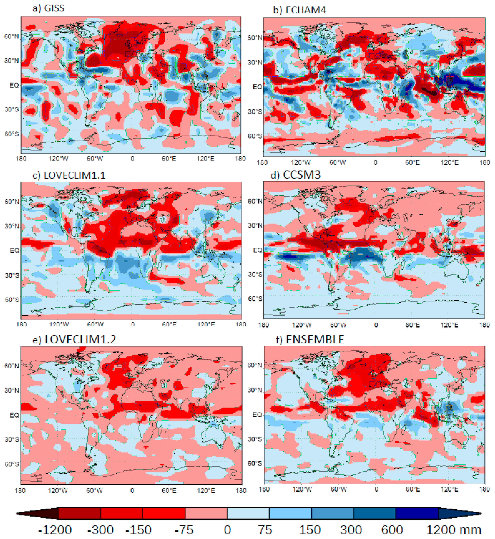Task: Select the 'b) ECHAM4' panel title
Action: click(x=299, y=10)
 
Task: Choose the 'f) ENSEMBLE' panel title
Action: click(x=310, y=339)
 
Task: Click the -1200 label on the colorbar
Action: click(x=55, y=530)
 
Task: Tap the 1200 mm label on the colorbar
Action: click(x=453, y=530)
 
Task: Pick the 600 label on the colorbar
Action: click(x=392, y=530)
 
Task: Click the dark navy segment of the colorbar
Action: click(x=417, y=513)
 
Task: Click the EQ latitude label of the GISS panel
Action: click(x=14, y=85)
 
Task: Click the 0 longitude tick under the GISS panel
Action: click(x=132, y=159)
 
